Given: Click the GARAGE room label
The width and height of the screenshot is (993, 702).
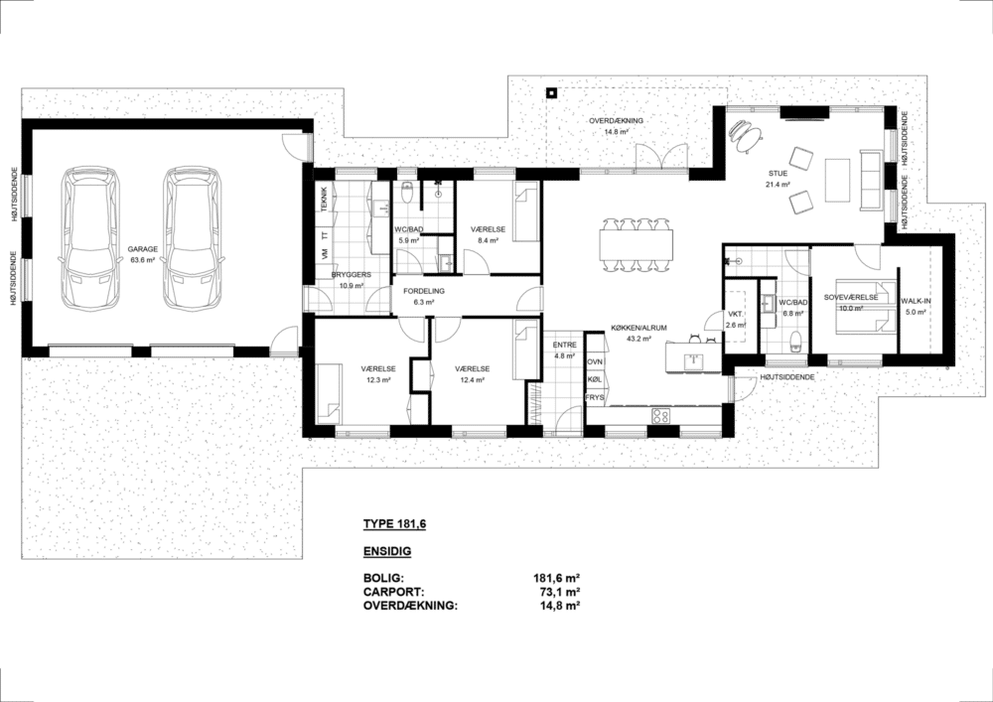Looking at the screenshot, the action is click(x=142, y=249).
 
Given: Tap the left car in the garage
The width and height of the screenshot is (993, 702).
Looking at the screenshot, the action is click(x=90, y=238).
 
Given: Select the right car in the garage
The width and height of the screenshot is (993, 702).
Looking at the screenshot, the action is click(x=196, y=238).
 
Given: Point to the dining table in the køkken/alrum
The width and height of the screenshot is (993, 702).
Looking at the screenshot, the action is click(x=636, y=245).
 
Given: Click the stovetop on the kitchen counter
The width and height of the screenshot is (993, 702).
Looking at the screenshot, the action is click(x=660, y=415).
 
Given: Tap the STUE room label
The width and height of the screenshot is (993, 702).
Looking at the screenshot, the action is click(x=778, y=174).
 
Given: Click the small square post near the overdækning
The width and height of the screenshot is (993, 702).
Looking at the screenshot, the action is click(x=552, y=93).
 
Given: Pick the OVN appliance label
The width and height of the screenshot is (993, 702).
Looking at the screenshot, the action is click(x=595, y=361).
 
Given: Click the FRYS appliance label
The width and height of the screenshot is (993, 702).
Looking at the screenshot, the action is click(x=595, y=398).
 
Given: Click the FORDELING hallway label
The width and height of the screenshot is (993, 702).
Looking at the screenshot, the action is click(x=424, y=291).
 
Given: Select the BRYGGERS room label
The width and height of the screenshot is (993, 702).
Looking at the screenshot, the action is click(x=352, y=275).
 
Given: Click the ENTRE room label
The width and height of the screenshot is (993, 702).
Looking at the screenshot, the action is click(x=564, y=345).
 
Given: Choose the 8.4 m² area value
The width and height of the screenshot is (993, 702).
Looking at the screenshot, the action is click(x=488, y=240).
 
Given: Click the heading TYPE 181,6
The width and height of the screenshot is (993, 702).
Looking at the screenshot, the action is click(x=394, y=524).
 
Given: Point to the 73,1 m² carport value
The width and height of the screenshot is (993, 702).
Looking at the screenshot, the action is click(x=558, y=592).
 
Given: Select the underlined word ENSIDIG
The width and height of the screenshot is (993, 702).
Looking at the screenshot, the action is click(x=387, y=551).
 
